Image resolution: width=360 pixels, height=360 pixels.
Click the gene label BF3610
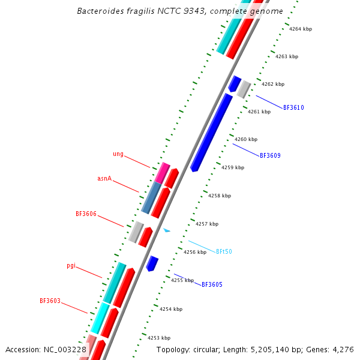[x=293, y=108]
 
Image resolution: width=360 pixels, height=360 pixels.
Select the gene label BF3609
[x=270, y=155]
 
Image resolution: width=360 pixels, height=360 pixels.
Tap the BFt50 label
[x=224, y=251]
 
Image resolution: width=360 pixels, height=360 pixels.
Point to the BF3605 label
[x=212, y=284]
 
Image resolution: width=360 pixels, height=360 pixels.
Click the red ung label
[x=118, y=154]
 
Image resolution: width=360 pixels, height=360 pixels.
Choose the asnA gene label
[x=104, y=179]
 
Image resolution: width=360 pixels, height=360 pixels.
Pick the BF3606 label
[x=86, y=214]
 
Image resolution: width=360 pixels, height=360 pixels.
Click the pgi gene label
[x=71, y=265]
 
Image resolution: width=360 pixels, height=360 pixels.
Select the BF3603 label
[x=50, y=301]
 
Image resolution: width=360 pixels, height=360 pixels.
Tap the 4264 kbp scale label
[x=301, y=29]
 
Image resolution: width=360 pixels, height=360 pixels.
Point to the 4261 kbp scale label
[x=259, y=112]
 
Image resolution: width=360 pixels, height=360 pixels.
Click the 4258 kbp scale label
[x=220, y=196]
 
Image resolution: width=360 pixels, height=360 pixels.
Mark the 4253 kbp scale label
[x=159, y=338]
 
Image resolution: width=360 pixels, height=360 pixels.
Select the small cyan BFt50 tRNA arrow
[x=167, y=230]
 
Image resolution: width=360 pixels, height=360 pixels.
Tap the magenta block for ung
[x=162, y=173]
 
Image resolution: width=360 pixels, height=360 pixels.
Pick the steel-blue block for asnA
[x=151, y=198]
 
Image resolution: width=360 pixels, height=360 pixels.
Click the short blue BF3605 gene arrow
[x=152, y=263]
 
